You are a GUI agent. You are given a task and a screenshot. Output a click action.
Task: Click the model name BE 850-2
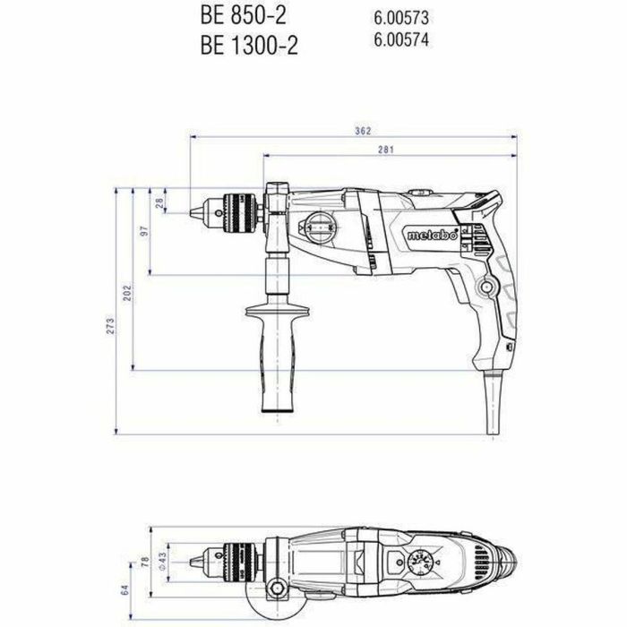point(236,17)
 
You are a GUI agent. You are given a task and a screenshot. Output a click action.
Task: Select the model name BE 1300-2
point(242,47)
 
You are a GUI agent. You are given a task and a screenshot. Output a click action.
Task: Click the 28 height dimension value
point(161,202)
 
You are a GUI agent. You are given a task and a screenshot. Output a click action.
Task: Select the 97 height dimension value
point(143,232)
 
